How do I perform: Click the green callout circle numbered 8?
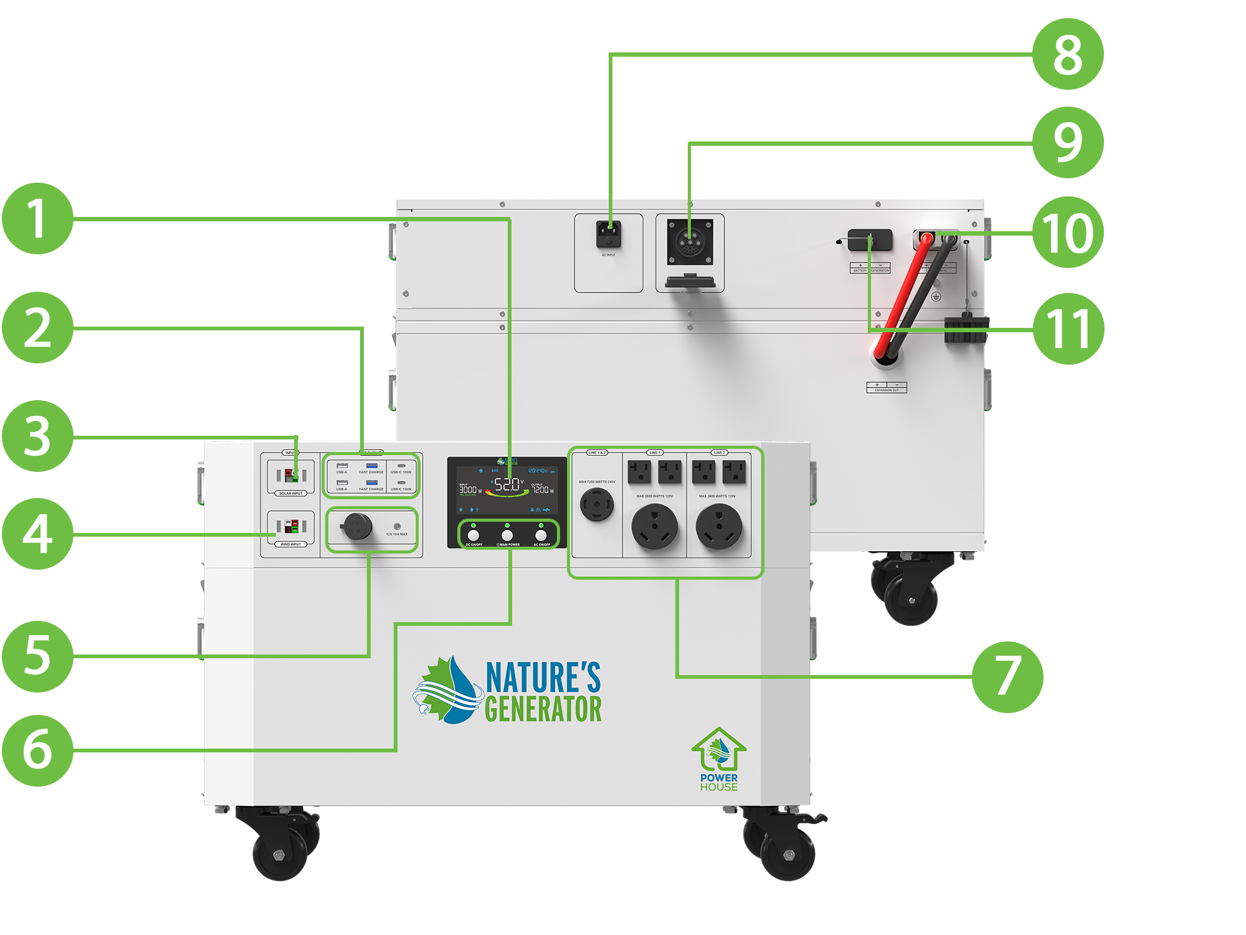pos(1068,54)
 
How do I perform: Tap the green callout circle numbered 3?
pos(37,436)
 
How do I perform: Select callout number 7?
pos(1007,677)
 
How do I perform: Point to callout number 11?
pos(1068,328)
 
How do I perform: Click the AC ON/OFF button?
pos(541,535)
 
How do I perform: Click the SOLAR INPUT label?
pos(291,493)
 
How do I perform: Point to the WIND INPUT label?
pos(291,544)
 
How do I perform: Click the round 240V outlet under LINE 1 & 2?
pos(597,504)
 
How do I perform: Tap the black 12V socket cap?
pos(358,527)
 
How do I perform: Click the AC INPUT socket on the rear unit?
pos(609,235)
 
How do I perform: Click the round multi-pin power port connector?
pos(690,241)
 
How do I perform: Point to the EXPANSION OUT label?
pos(887,390)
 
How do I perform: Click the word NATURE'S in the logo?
pos(543,678)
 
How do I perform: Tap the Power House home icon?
pos(718,751)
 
